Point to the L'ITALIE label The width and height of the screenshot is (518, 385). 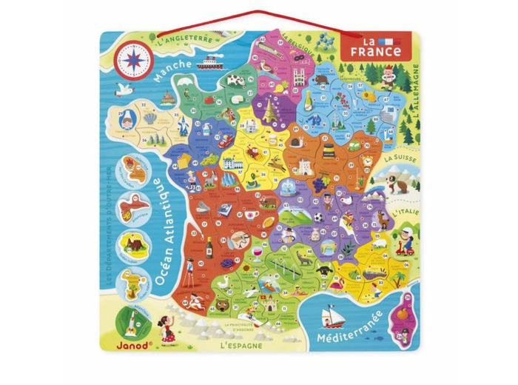click(405, 212)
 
